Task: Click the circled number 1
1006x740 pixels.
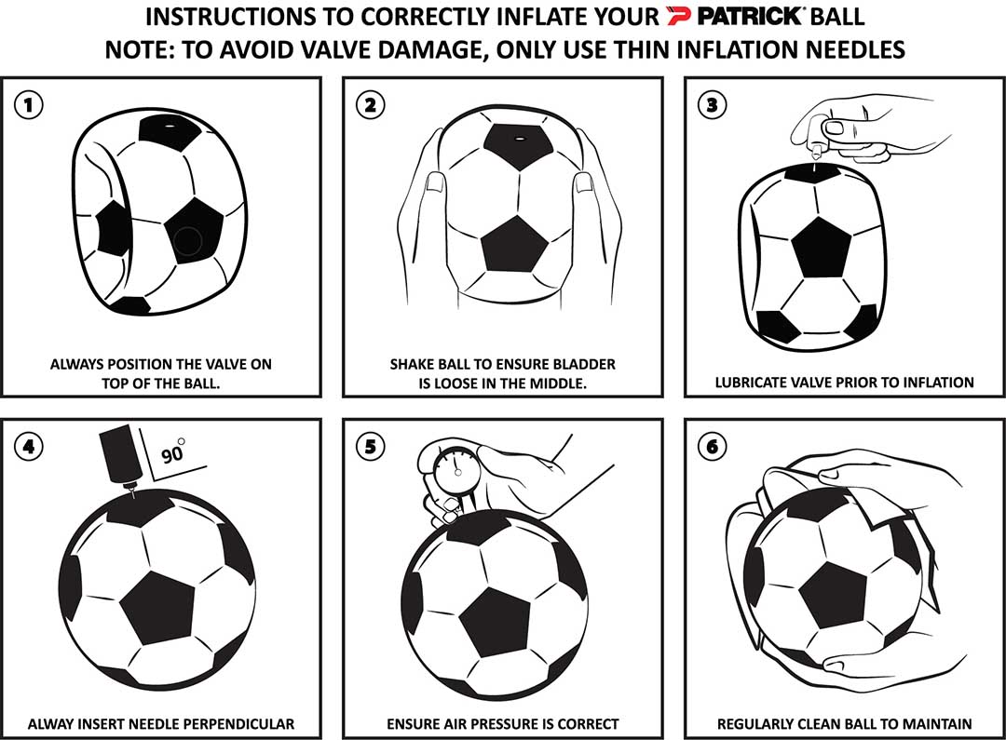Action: pyautogui.click(x=29, y=104)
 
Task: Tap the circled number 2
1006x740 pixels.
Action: pyautogui.click(x=371, y=104)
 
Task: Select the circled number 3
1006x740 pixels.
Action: pyautogui.click(x=713, y=104)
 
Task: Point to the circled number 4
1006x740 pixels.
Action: pyautogui.click(x=29, y=446)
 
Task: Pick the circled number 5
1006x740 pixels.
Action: pyautogui.click(x=371, y=446)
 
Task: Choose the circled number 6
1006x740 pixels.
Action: pyautogui.click(x=713, y=446)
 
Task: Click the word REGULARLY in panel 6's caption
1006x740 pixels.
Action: pyautogui.click(x=759, y=723)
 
